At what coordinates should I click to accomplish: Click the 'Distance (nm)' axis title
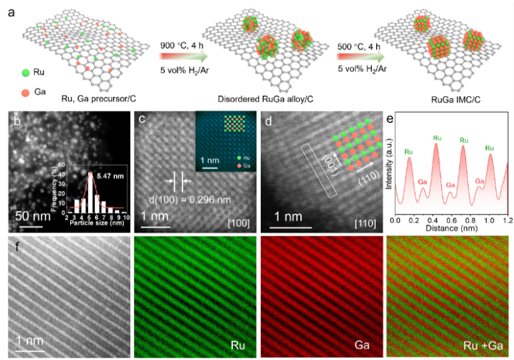[x=450, y=227]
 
